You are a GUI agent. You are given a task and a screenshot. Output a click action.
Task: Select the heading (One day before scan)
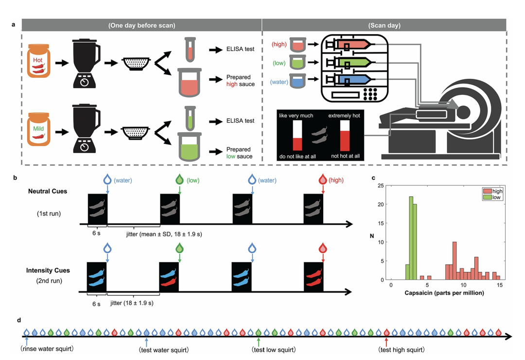pyautogui.click(x=141, y=25)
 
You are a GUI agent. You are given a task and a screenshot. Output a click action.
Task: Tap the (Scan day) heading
pyautogui.click(x=384, y=25)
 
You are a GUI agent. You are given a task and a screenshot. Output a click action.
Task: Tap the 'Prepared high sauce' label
pyautogui.click(x=238, y=80)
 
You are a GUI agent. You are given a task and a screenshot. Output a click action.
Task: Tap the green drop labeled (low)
pyautogui.click(x=179, y=180)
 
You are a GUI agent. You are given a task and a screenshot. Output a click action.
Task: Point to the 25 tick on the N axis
pyautogui.click(x=382, y=185)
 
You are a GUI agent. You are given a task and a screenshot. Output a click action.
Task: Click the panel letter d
pyautogui.click(x=19, y=320)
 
